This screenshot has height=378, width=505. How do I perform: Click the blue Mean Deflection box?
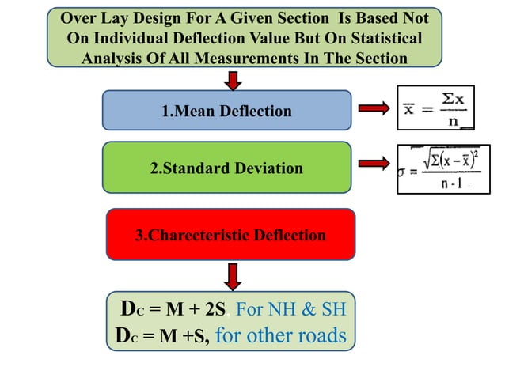[x=226, y=110]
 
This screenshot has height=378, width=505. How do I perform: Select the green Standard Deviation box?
[x=226, y=167]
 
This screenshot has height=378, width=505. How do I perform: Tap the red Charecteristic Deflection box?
[x=230, y=235]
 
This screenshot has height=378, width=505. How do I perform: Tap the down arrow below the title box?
[x=232, y=79]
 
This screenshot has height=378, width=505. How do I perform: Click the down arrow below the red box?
[x=232, y=276]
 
